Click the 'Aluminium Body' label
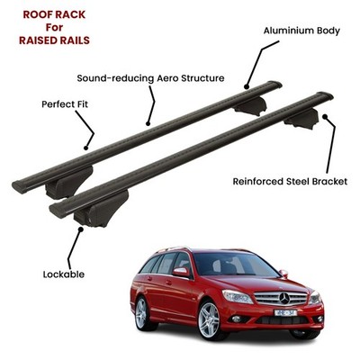pos(301,31)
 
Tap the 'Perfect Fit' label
pos(65,104)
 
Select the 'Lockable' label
pos(64,274)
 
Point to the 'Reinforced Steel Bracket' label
pos(290,182)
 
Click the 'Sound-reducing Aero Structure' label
pos(150,78)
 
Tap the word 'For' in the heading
pos(54,27)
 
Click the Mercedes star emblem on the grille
pos(284,298)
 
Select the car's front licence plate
pos(285,313)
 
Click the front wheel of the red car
pos(209,319)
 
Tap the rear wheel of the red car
pos(141,313)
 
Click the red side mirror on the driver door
pos(181,272)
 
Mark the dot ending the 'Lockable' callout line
pos(80,229)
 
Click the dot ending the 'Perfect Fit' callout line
pos(85,148)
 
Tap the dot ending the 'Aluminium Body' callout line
pos(247,87)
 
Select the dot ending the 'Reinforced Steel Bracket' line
pos(324,116)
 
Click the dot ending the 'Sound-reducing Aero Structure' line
pos(148,123)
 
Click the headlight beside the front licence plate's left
pos(238,296)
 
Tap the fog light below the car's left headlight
pos(237,319)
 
